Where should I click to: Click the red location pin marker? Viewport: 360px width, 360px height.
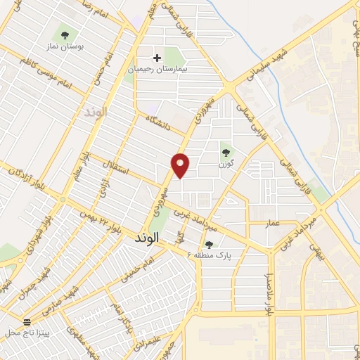tap(181, 165)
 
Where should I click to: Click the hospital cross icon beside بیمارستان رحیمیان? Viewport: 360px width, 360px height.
tap(157, 57)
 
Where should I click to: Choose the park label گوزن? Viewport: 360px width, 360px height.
tap(225, 163)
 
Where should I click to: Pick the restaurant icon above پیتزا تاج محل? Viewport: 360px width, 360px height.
tap(27, 321)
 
